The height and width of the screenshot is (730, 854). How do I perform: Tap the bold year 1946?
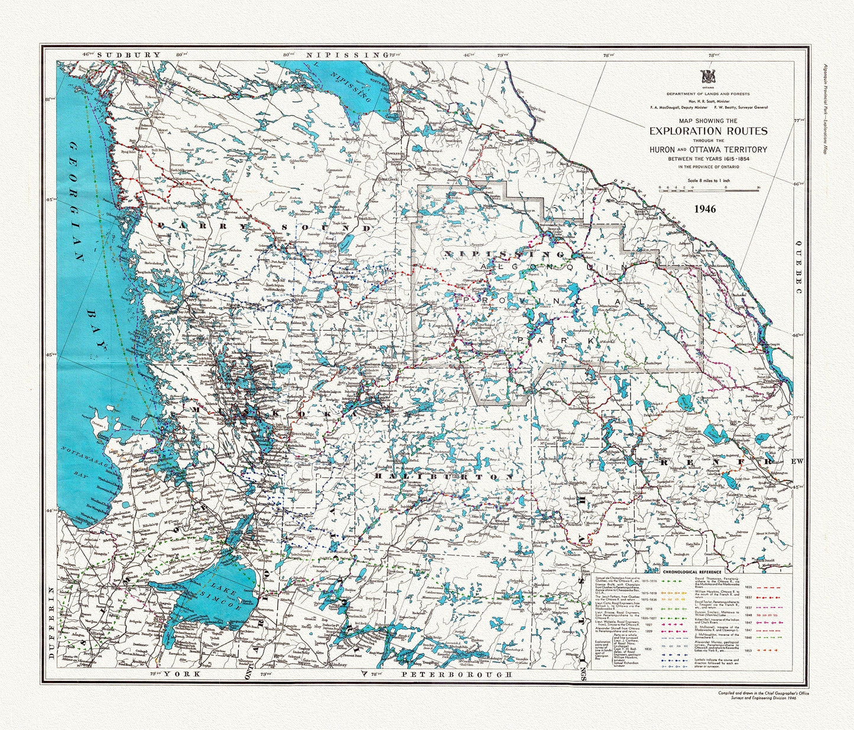click(x=705, y=209)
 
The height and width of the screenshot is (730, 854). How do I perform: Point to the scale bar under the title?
click(x=708, y=189)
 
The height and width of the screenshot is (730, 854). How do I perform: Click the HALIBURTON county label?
click(x=443, y=476)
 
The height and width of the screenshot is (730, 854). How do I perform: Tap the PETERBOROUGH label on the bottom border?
click(x=455, y=674)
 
